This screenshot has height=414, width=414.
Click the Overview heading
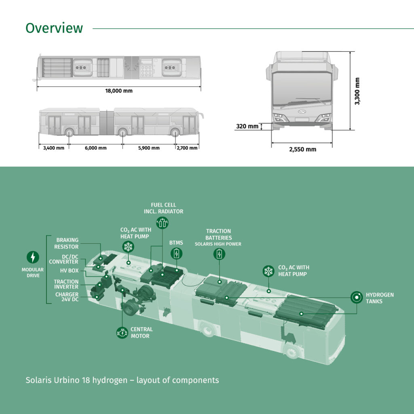[x=54, y=28]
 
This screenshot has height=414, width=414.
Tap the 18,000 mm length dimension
[x=119, y=91]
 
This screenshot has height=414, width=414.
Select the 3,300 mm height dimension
[x=357, y=91]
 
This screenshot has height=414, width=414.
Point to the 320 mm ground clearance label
[x=247, y=126]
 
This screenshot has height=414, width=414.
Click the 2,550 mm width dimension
[x=302, y=149]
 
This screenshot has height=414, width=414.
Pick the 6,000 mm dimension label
[x=96, y=148]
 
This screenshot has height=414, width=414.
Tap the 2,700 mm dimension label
[x=187, y=148]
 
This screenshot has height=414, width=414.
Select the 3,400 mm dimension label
[x=54, y=148]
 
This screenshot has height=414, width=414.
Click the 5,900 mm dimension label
[x=149, y=148]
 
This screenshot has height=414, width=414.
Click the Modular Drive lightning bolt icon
[x=33, y=257]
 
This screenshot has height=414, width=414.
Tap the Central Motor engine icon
[x=122, y=333]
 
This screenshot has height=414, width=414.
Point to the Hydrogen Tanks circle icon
[x=357, y=298]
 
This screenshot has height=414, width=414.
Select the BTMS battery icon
[x=176, y=253]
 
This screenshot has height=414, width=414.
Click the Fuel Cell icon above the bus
[x=162, y=223]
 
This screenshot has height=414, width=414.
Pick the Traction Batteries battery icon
[x=219, y=254]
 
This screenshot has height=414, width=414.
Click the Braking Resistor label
[x=67, y=243]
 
